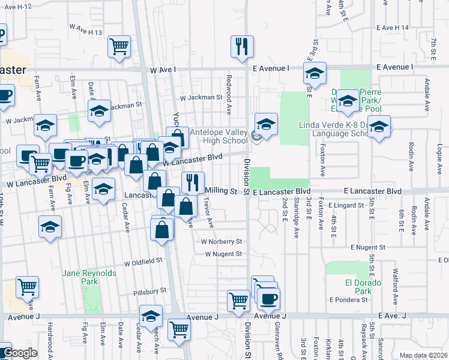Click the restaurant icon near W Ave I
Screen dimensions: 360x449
point(242,46)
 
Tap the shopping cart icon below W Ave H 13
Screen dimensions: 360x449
point(119,46)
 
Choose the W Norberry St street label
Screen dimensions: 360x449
point(221,242)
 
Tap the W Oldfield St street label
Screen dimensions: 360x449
point(143,262)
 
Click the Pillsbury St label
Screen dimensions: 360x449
point(150,290)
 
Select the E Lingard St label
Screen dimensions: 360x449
point(346,205)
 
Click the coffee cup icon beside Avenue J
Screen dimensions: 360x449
point(268,298)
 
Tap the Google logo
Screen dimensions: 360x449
point(19,353)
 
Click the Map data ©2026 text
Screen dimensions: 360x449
point(423,355)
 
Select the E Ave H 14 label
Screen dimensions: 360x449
point(393,28)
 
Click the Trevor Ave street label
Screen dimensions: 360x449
point(208,214)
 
